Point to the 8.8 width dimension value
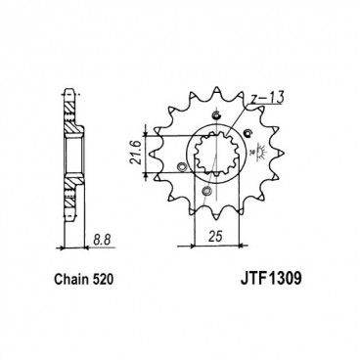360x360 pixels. pyautogui.click(x=102, y=236)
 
